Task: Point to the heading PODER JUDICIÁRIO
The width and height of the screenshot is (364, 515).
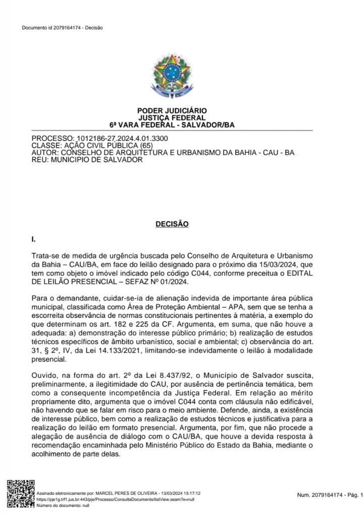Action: pyautogui.click(x=172, y=111)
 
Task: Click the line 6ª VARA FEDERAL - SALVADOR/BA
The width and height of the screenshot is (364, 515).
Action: pyautogui.click(x=172, y=125)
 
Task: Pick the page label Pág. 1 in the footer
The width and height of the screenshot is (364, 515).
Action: pyautogui.click(x=351, y=496)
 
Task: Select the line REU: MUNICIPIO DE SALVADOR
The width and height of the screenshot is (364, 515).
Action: pyautogui.click(x=87, y=160)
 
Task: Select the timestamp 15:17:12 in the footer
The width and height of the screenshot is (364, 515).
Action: pyautogui.click(x=184, y=494)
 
